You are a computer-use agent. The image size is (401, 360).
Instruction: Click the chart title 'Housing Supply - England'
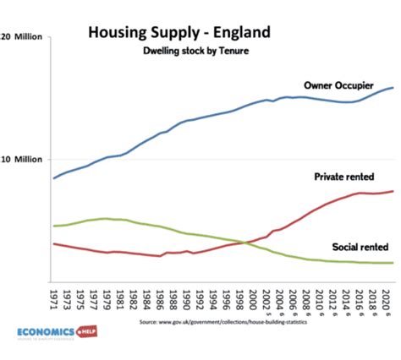coord(179,33)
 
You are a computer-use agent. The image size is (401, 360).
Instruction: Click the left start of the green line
coord(54,226)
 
